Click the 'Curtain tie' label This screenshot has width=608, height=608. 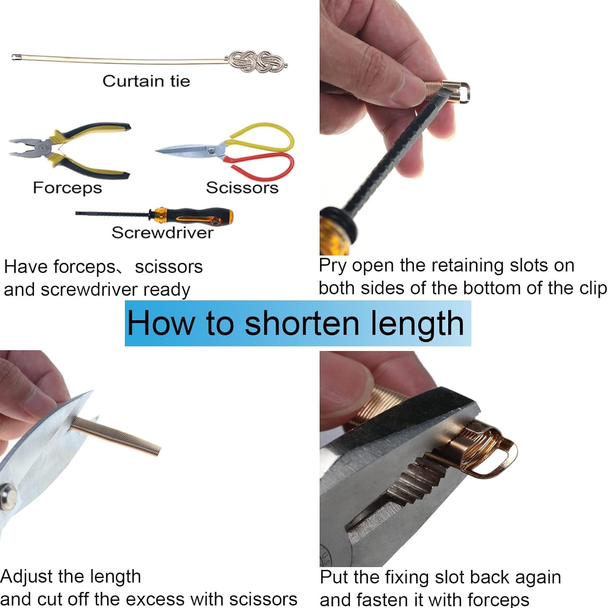(146, 81)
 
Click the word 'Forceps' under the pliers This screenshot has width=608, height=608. (67, 188)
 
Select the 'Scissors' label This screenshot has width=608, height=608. (242, 188)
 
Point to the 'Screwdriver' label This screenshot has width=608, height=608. (162, 233)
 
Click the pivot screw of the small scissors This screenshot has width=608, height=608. (211, 151)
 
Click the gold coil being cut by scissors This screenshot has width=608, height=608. (116, 435)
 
